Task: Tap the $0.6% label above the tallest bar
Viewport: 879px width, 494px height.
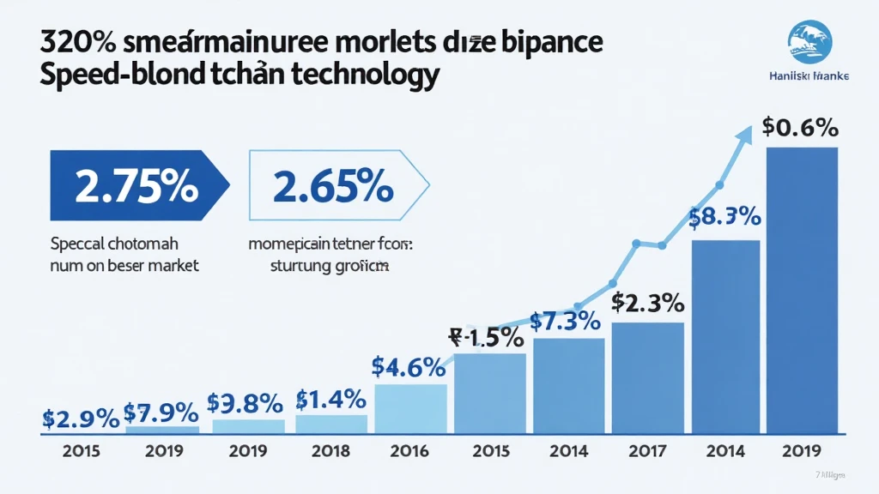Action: click(x=799, y=128)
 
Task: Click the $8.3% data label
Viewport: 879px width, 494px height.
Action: click(x=726, y=218)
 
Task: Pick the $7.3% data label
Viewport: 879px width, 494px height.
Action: click(x=564, y=322)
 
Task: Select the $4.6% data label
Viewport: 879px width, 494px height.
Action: click(x=408, y=366)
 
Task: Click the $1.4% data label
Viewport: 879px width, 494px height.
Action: click(x=330, y=399)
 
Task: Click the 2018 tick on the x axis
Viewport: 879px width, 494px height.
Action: click(x=330, y=450)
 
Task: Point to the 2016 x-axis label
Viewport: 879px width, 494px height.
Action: click(x=409, y=450)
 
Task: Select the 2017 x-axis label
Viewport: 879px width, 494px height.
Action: click(x=648, y=450)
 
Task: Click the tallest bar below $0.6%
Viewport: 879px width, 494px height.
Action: click(x=801, y=292)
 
